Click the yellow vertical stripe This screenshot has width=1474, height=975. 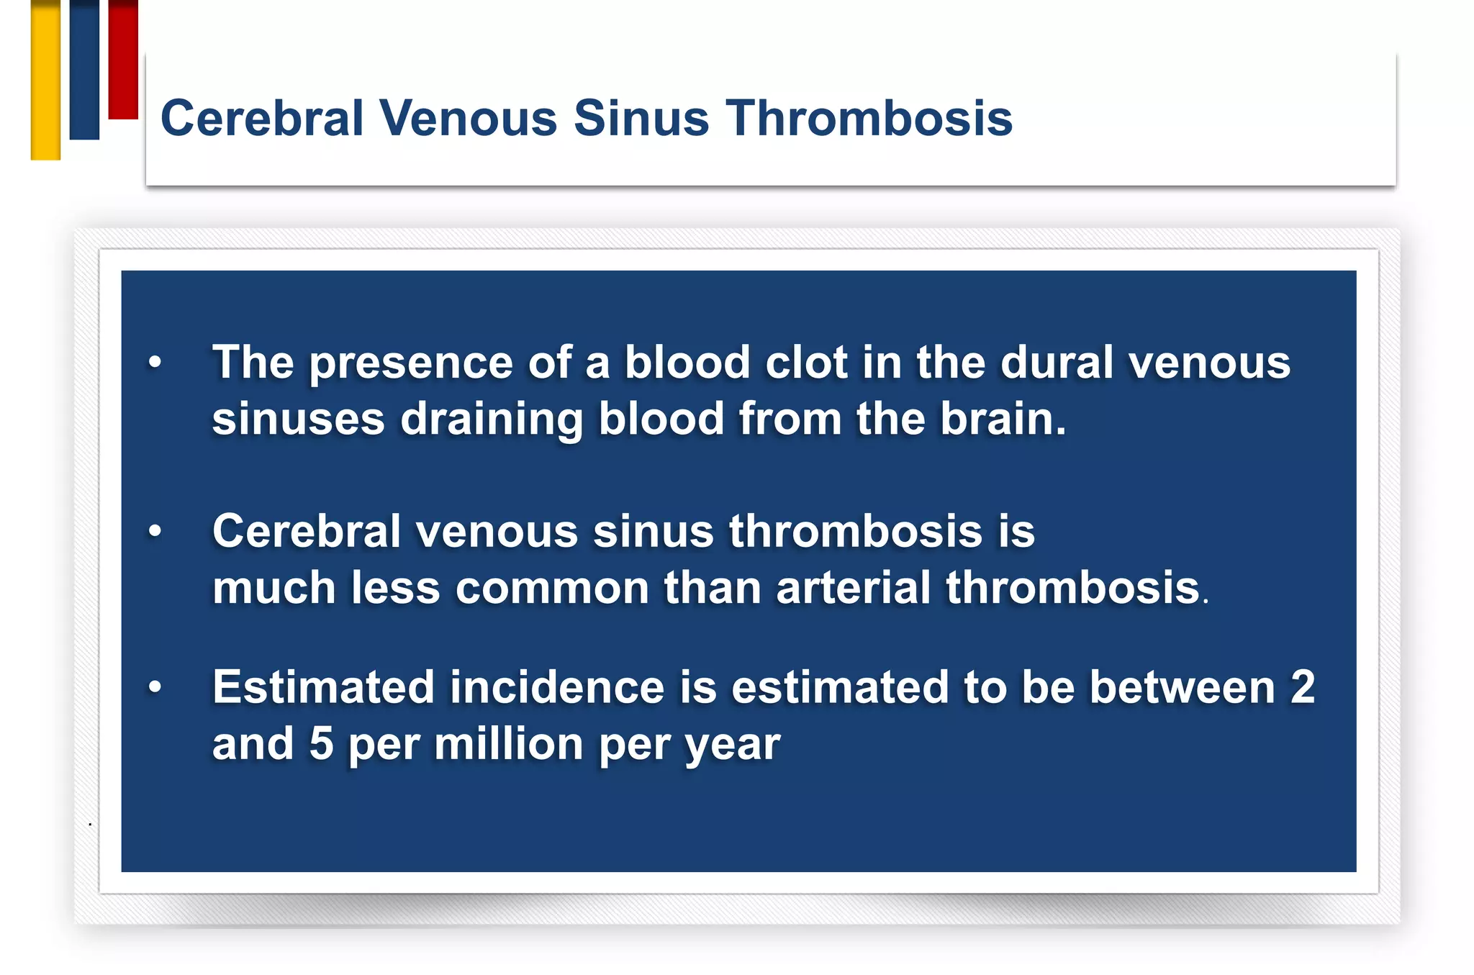tap(45, 79)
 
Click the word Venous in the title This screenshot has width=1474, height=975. tap(468, 118)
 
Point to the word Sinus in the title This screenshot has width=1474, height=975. tap(641, 118)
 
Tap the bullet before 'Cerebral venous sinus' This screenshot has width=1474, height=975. tap(155, 532)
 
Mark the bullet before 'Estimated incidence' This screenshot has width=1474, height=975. tap(155, 688)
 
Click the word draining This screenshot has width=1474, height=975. tap(491, 420)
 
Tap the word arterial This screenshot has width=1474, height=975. tap(854, 588)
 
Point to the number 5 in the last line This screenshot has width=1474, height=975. tap(321, 744)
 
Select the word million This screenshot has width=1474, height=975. tap(508, 744)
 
